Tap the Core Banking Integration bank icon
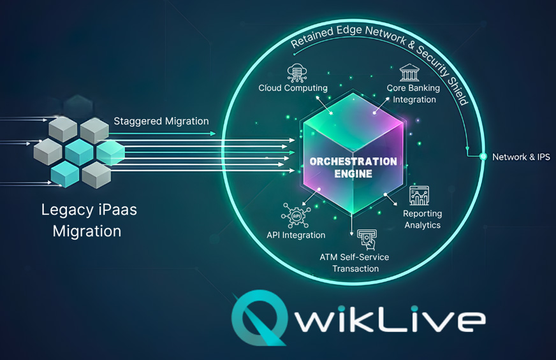tap(408, 72)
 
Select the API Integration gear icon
tap(295, 215)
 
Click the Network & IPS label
tap(521, 156)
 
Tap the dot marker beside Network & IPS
tap(482, 156)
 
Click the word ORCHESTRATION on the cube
tap(353, 161)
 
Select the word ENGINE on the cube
tap(353, 173)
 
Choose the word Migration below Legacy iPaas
tap(87, 231)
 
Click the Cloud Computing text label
tap(293, 88)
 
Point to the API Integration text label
tap(296, 235)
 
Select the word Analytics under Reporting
tap(422, 225)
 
